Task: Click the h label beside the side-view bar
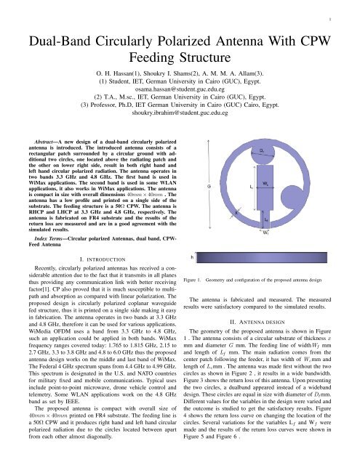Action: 191,256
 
